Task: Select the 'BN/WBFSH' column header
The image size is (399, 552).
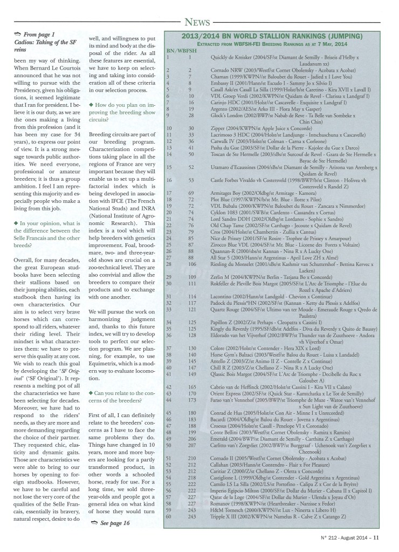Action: tap(181, 50)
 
